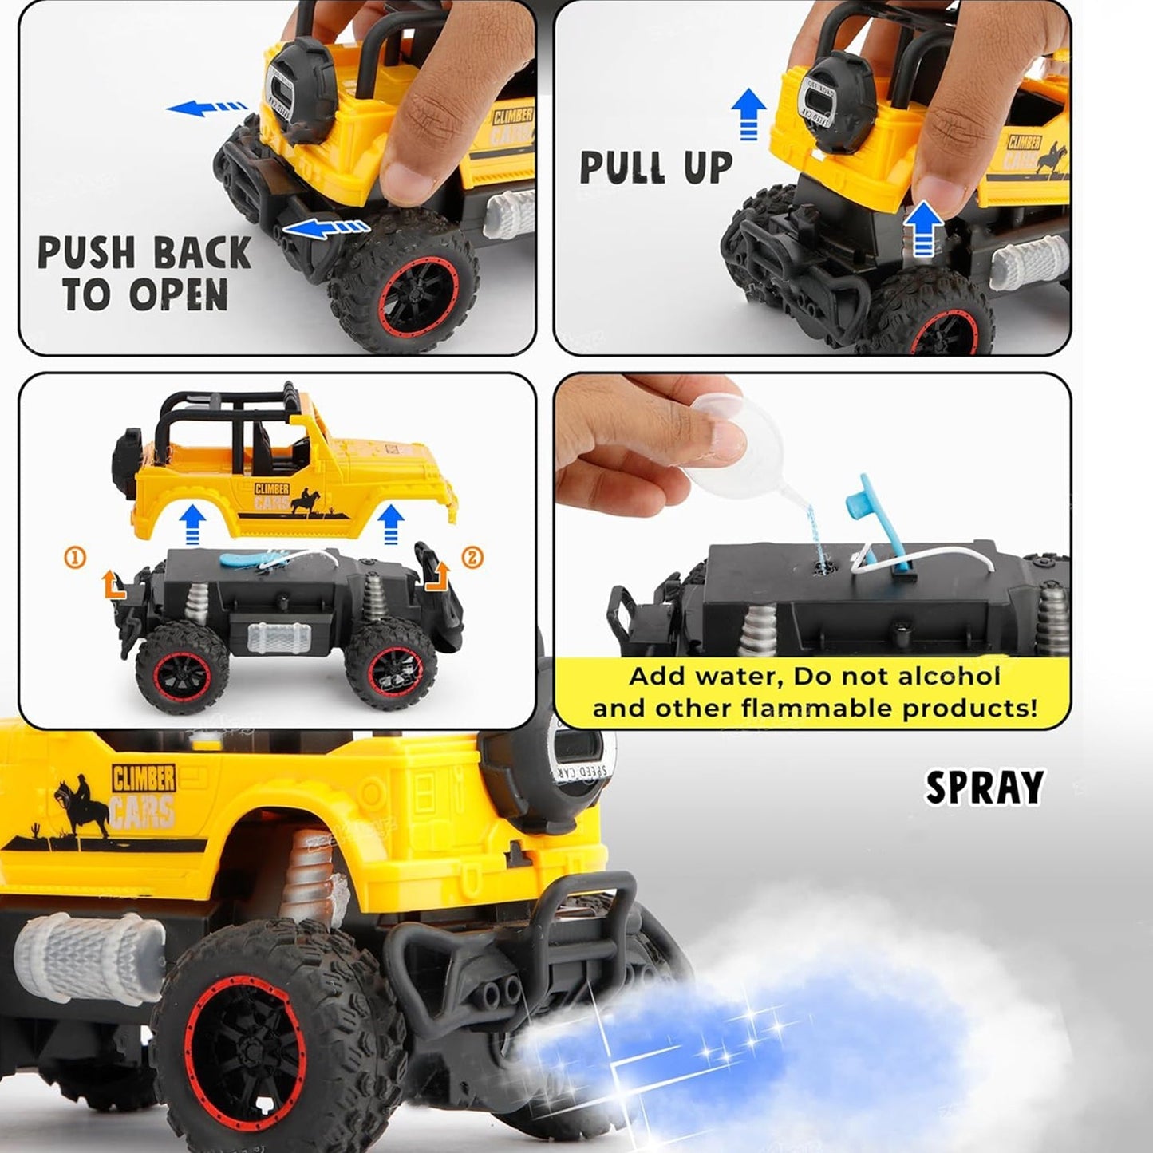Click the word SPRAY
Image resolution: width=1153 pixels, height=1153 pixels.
point(984,788)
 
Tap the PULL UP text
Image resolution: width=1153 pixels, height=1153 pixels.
point(655,168)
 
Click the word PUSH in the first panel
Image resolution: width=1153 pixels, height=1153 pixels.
point(87,254)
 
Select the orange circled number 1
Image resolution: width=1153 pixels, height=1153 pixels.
point(74,558)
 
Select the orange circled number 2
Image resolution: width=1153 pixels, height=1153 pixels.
point(472,558)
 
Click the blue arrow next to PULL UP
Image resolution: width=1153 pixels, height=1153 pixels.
point(748,112)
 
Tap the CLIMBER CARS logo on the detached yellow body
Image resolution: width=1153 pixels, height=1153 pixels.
point(272,496)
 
